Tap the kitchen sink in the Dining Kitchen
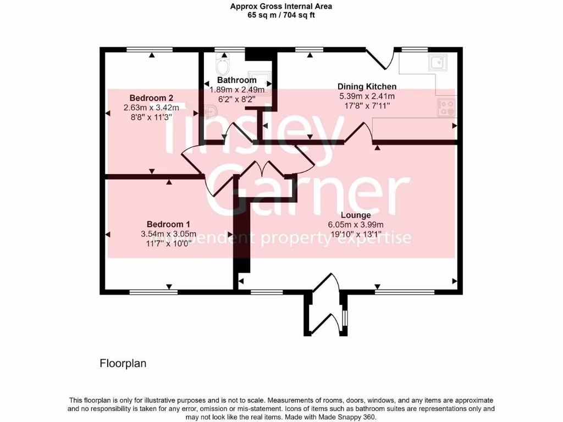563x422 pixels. tap(438, 63)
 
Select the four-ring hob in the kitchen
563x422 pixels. tap(445, 107)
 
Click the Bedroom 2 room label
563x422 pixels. tap(148, 98)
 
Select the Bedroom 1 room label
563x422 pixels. tap(168, 224)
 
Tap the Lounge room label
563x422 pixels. tap(355, 215)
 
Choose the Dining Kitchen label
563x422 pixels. tap(367, 86)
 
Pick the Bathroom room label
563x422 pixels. tap(237, 80)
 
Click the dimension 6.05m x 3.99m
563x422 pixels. tap(355, 224)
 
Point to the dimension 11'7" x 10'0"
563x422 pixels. tap(168, 243)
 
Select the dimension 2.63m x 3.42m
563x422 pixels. tap(148, 108)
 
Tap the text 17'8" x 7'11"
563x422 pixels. tap(367, 106)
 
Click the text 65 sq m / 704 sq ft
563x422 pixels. tap(281, 15)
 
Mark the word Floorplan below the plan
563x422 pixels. tap(123, 363)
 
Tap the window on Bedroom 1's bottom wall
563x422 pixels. tap(153, 292)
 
